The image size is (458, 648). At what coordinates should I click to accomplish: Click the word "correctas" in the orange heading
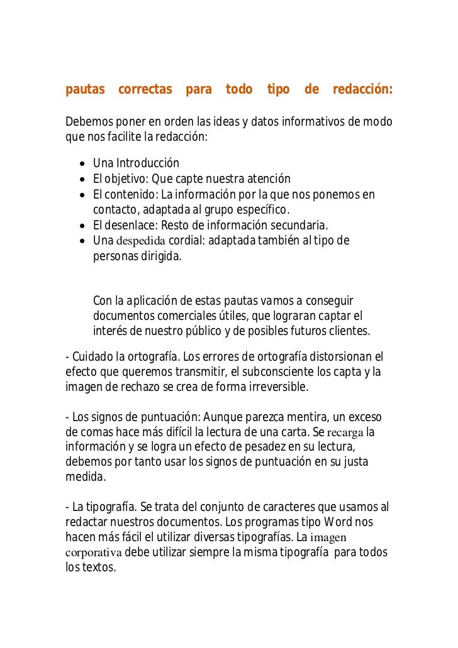(x=145, y=90)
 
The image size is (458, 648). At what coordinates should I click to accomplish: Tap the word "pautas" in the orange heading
(x=85, y=90)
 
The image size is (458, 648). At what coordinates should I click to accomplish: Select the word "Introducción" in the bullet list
(x=148, y=165)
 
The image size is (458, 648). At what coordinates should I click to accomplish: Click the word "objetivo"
(x=125, y=180)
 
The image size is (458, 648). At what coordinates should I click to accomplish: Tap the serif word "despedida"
(x=142, y=241)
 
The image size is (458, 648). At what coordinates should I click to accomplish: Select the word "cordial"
(x=187, y=241)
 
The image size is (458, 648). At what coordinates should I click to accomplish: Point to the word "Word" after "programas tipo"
(x=343, y=522)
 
